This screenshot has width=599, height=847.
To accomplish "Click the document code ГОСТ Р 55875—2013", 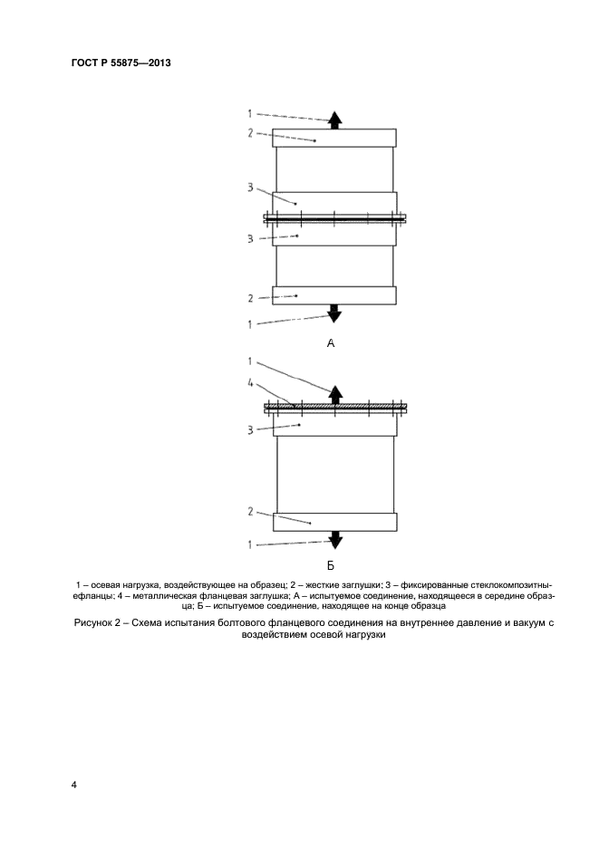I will (x=121, y=63).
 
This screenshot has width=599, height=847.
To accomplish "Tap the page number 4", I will (x=73, y=784).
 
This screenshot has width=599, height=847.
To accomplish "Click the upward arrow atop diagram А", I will (x=334, y=119).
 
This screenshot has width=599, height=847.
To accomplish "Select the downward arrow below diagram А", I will (x=334, y=314).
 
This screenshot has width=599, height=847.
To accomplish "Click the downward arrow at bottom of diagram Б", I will (x=334, y=541).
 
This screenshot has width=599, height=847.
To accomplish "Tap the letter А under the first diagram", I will (x=331, y=344).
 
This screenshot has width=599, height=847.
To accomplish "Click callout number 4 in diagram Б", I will (x=250, y=383).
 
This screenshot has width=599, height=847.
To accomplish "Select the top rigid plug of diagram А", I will (x=334, y=138).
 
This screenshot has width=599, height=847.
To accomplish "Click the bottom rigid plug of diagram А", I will (x=334, y=295).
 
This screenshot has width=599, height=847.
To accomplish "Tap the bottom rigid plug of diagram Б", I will (x=334, y=522).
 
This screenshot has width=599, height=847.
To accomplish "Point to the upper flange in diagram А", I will (x=334, y=201).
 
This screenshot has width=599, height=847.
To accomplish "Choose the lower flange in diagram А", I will (x=334, y=236).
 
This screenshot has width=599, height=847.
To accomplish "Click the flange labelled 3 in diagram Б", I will (x=334, y=425).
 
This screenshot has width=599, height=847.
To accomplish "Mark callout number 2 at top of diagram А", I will (x=251, y=133).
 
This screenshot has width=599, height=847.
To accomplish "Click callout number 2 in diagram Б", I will (x=251, y=511).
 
